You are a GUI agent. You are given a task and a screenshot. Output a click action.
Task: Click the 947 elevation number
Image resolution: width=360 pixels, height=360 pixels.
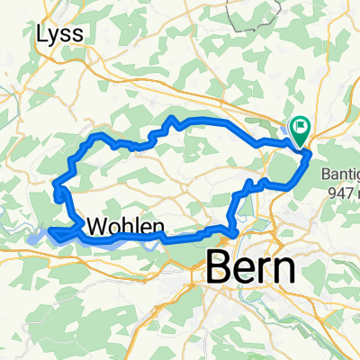coord(340,191)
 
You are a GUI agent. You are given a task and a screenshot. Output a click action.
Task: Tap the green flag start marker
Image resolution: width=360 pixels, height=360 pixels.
coord(299,130)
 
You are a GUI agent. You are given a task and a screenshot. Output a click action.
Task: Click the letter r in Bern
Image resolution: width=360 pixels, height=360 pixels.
coord(265,268)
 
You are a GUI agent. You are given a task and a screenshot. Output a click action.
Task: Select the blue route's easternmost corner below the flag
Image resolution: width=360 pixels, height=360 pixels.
coord(311,155)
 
